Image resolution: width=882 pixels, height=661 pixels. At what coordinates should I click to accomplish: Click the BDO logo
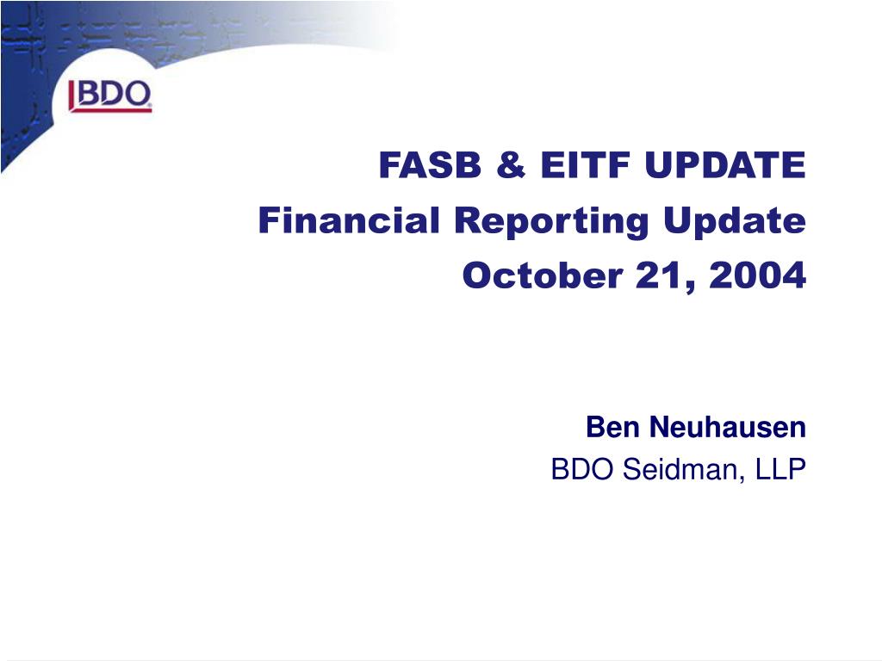(110, 96)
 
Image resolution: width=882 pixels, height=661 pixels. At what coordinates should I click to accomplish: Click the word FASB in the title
(431, 164)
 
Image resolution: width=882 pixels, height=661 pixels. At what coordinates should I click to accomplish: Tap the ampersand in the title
(511, 164)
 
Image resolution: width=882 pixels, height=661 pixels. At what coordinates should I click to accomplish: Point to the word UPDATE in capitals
(725, 164)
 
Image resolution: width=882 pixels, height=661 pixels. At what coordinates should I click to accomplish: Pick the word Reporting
(551, 222)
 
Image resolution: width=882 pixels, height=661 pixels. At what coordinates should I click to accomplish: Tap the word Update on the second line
(735, 222)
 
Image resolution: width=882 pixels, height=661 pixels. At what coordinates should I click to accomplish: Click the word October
(543, 275)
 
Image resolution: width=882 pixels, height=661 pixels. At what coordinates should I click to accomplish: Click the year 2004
(758, 275)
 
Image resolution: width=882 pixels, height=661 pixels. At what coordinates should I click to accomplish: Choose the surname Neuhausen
(728, 427)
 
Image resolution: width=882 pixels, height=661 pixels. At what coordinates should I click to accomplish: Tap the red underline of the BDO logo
(111, 109)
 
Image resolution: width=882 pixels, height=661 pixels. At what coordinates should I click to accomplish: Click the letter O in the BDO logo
(136, 93)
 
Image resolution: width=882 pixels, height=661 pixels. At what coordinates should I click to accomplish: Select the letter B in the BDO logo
(88, 93)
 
